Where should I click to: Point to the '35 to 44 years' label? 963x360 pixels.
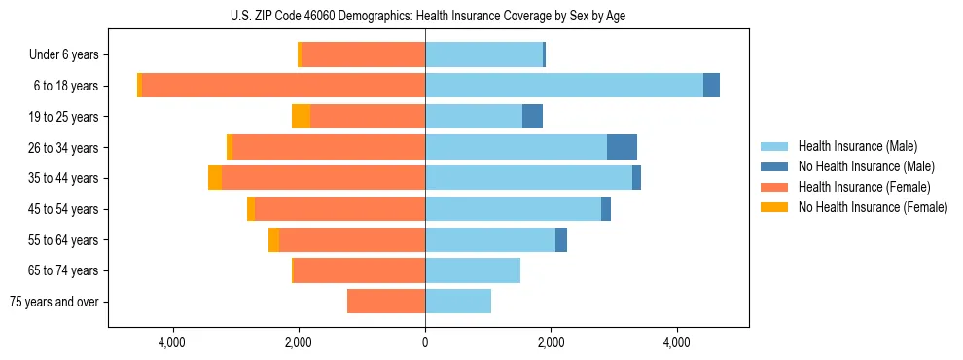point(66,178)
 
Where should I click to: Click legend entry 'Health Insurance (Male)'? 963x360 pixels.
point(857,146)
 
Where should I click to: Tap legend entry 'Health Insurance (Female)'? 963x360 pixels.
point(864,187)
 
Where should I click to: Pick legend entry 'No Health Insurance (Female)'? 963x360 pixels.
point(873,207)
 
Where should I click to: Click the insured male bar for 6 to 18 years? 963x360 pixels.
point(564,86)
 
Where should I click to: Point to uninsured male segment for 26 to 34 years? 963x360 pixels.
point(622,147)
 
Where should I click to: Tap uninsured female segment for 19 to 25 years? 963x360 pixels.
point(301,117)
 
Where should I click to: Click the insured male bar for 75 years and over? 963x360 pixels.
point(458,302)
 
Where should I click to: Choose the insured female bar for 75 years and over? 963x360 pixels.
point(386,302)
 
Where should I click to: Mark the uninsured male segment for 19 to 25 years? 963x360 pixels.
point(532,117)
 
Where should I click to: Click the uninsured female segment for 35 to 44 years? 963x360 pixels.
point(215,178)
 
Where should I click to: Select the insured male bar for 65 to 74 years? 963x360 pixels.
point(473,270)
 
